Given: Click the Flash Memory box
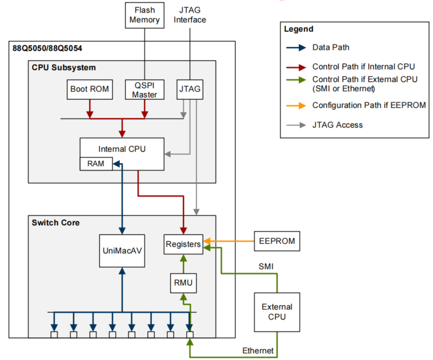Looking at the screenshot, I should tap(145, 15).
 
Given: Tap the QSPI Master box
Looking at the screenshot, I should tap(145, 89).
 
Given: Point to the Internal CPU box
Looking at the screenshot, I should tap(122, 148).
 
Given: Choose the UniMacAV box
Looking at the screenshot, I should tap(122, 251).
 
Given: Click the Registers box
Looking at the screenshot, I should tap(183, 244).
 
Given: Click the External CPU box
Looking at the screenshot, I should tap(277, 312).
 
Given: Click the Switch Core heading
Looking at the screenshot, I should tap(56, 222).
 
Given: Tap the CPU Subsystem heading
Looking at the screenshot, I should tap(64, 68).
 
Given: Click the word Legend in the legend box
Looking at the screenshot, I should tap(298, 29).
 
